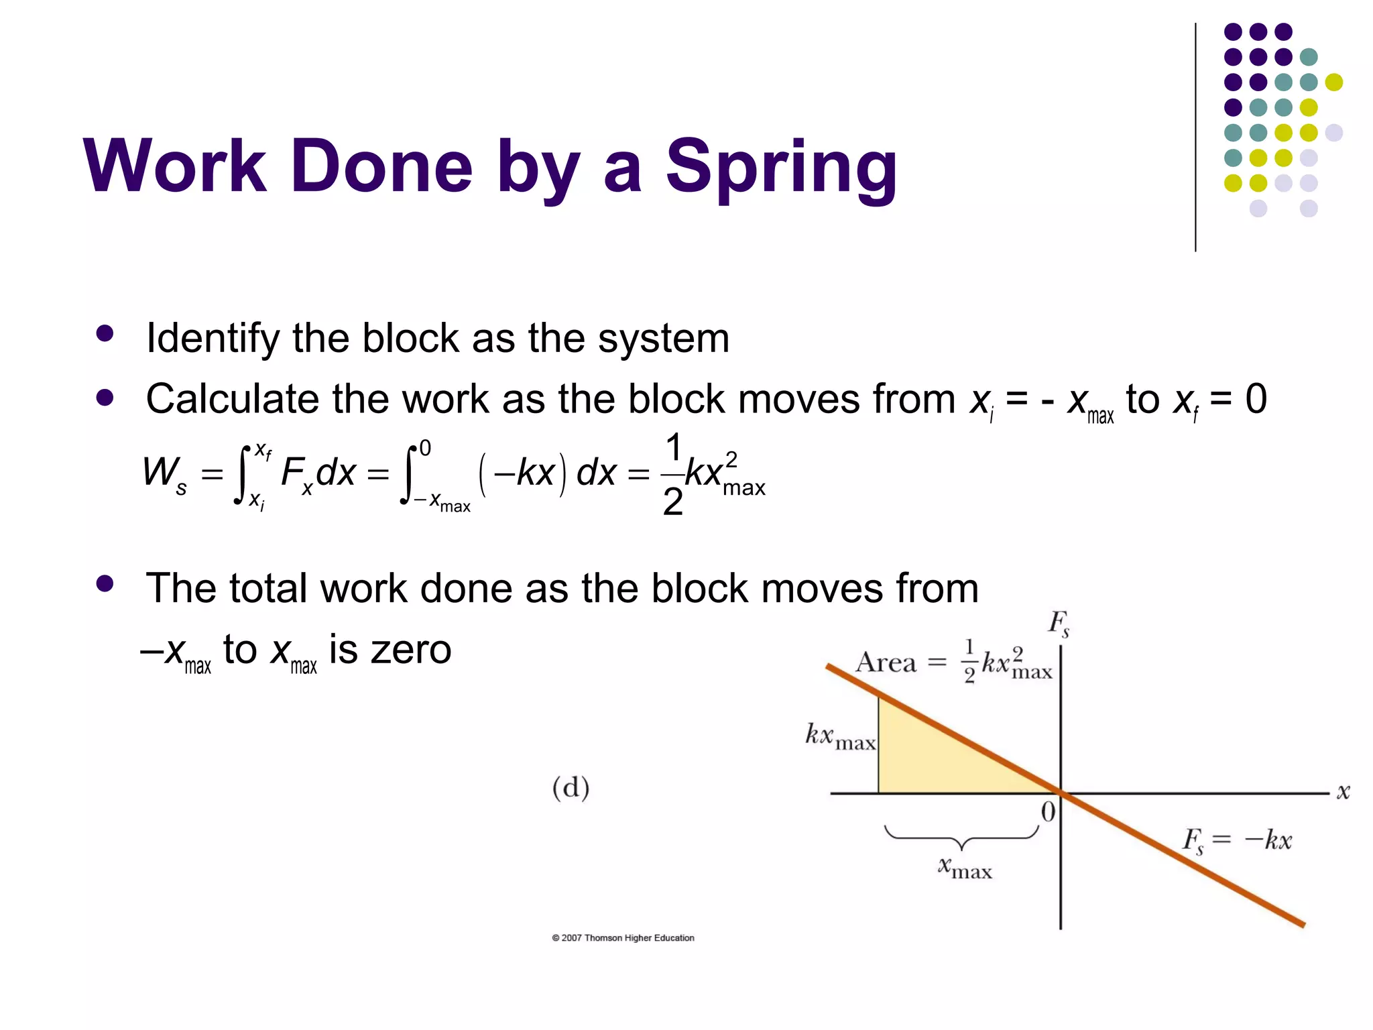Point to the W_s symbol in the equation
[x=164, y=473]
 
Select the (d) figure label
[x=571, y=787]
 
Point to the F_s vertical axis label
[x=1059, y=624]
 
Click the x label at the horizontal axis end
[x=1343, y=792]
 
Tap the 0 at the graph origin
[x=1048, y=812]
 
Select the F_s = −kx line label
[x=1237, y=840]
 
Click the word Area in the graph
[x=886, y=663]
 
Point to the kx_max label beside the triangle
[x=840, y=736]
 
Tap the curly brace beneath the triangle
[x=961, y=837]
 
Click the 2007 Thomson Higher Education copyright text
[x=623, y=937]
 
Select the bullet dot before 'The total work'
[x=105, y=583]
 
